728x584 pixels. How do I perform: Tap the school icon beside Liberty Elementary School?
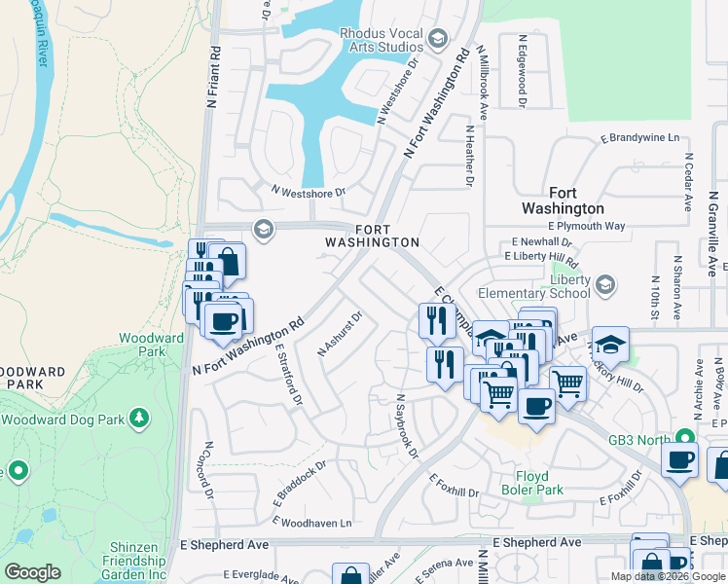pos(605,284)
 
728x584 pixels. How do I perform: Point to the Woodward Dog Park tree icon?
pos(140,419)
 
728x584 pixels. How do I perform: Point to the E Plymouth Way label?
pos(586,226)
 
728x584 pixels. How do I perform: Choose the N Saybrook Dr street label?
pos(406,425)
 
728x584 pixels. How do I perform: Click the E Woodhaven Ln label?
pos(311,523)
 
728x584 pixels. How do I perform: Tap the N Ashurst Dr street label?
pos(340,333)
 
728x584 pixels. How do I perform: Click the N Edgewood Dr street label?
pos(523,71)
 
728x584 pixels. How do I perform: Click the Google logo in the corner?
pos(32,572)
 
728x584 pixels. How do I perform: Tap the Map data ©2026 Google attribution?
pos(668,576)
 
